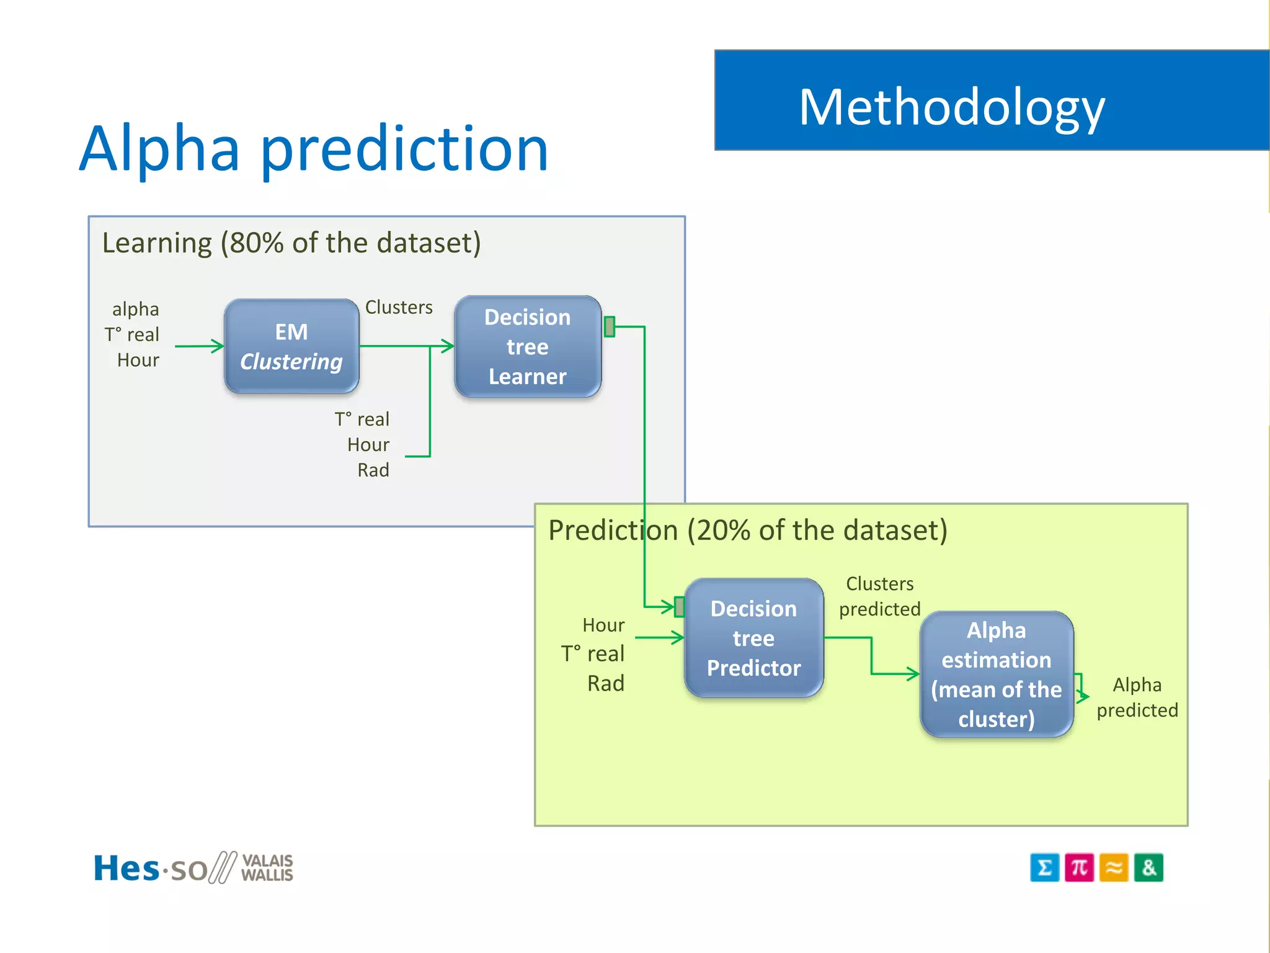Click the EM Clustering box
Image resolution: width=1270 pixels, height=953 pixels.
click(x=291, y=346)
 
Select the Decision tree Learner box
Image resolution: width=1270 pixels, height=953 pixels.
click(x=527, y=347)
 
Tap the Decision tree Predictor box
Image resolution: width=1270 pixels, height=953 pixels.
click(x=753, y=638)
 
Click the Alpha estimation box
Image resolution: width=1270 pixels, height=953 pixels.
click(x=996, y=674)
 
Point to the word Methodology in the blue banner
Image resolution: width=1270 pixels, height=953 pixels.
click(x=951, y=107)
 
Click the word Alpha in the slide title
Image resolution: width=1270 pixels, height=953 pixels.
click(x=159, y=149)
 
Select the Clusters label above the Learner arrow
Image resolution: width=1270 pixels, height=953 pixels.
click(x=399, y=307)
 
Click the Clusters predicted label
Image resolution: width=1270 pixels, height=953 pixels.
click(x=879, y=596)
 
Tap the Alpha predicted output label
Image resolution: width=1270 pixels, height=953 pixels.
click(x=1137, y=697)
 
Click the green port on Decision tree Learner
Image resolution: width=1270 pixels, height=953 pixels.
click(x=610, y=326)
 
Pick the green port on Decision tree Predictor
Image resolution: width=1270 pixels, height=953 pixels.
click(x=680, y=606)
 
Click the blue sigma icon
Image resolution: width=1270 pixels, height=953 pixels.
click(x=1044, y=867)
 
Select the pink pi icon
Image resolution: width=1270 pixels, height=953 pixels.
click(x=1079, y=867)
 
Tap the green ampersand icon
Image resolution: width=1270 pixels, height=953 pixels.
click(x=1148, y=867)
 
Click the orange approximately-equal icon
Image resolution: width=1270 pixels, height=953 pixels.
click(x=1114, y=867)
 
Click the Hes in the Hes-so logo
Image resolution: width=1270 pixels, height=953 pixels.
click(x=127, y=868)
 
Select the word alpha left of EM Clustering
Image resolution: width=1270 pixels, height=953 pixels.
click(x=135, y=309)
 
